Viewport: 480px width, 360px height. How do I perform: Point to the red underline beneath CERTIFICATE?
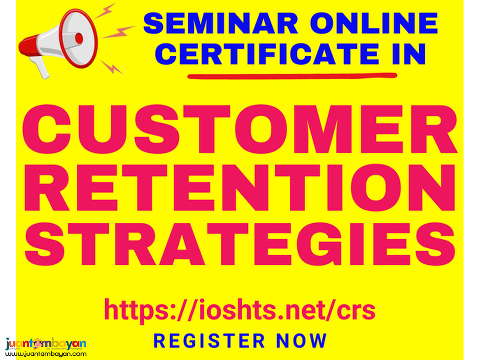pyautogui.click(x=292, y=75)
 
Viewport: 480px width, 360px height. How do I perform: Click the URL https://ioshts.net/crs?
pyautogui.click(x=240, y=310)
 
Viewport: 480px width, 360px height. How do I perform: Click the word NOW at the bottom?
pyautogui.click(x=302, y=341)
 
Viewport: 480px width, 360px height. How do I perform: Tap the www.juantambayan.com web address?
pyautogui.click(x=46, y=354)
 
